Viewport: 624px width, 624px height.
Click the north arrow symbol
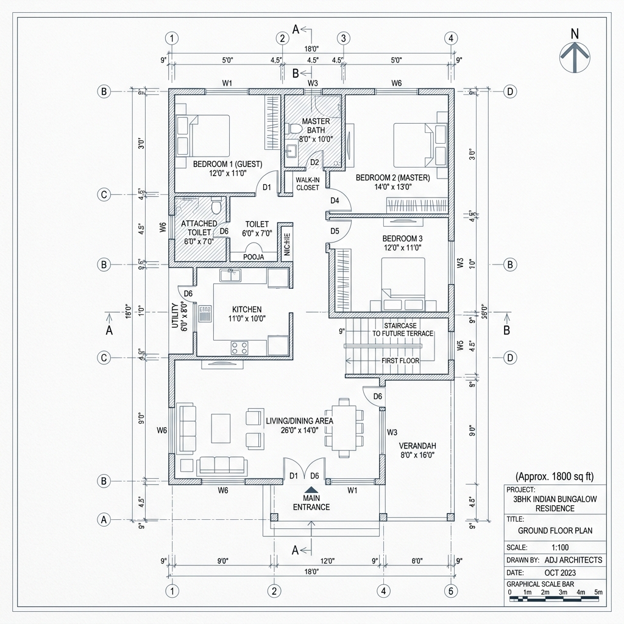(x=574, y=55)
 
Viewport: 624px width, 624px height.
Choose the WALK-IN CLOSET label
(x=307, y=183)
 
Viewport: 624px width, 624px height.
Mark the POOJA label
(x=253, y=257)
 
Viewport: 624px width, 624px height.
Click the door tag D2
(x=315, y=163)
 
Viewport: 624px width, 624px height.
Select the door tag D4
(x=335, y=200)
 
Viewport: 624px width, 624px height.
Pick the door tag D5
(x=335, y=231)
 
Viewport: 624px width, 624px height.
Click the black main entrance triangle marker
(x=311, y=489)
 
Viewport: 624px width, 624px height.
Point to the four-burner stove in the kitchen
(x=239, y=348)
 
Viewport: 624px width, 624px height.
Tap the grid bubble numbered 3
(x=344, y=38)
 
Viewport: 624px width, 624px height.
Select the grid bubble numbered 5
(x=450, y=590)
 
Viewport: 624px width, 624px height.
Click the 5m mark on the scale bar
(x=598, y=592)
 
